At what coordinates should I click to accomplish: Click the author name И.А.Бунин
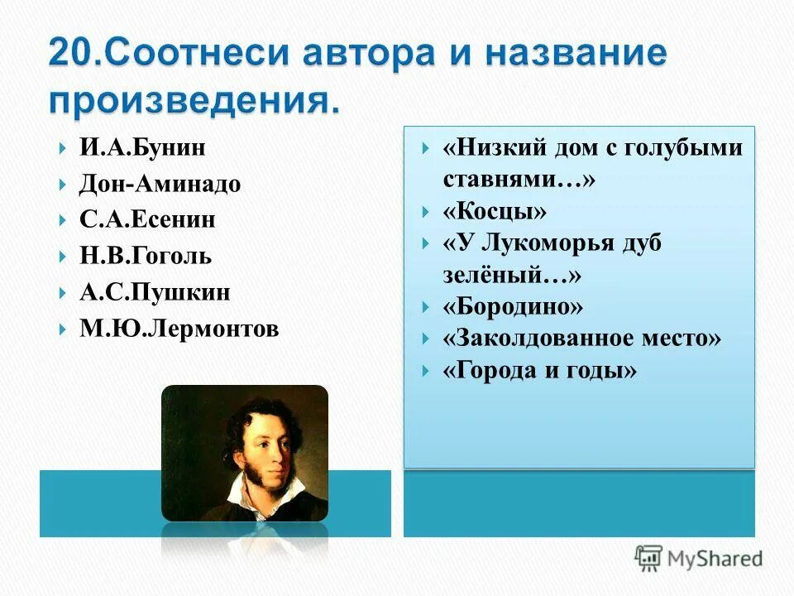(142, 148)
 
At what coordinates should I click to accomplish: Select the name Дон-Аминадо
(160, 184)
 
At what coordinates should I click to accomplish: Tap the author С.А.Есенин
(147, 220)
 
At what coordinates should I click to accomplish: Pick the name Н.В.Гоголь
(146, 256)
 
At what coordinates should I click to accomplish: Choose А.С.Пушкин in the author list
(155, 292)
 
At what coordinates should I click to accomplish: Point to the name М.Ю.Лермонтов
(179, 329)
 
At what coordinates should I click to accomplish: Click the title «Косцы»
(495, 212)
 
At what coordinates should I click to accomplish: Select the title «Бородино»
(513, 306)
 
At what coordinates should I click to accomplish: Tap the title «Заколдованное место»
(582, 338)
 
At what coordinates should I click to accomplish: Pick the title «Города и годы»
(540, 370)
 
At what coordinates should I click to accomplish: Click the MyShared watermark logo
(698, 558)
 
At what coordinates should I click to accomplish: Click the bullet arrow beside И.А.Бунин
(64, 149)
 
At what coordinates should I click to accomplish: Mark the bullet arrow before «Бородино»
(424, 307)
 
